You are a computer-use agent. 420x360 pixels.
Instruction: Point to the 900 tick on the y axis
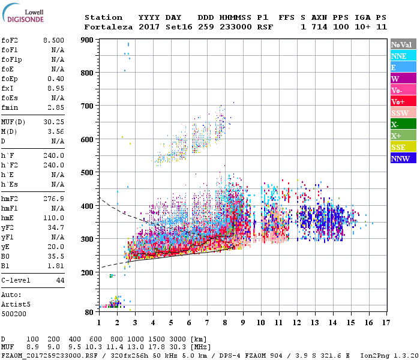(88, 40)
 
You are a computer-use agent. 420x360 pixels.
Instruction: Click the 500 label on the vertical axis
(88, 173)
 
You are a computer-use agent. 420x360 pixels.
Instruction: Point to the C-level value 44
(60, 280)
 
